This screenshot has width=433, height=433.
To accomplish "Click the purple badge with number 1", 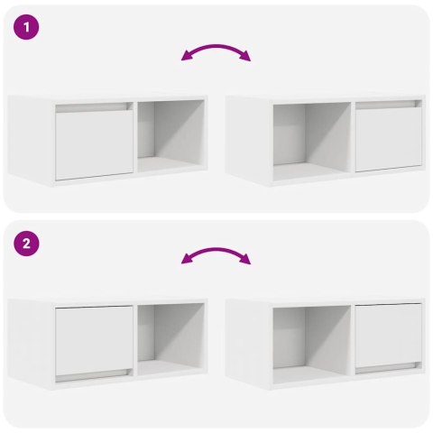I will pos(27,28).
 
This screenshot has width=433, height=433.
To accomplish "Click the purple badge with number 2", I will pos(27,244).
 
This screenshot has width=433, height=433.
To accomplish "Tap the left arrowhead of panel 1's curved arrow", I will pos(185,59).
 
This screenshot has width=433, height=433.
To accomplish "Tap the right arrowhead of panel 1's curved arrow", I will pos(248,59).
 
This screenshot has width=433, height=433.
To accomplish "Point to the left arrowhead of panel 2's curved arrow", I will pos(185,261).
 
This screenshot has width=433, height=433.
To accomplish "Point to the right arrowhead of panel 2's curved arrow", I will pos(248,261).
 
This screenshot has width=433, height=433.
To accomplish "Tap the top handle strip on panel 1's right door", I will pos(388,106).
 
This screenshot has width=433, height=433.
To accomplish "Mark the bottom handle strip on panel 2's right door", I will pos(388,368).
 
